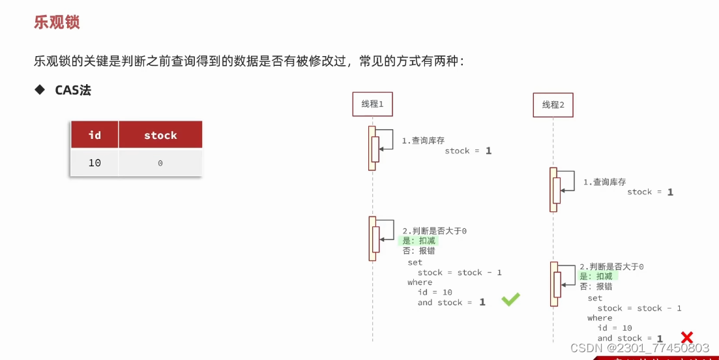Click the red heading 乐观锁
click(x=57, y=22)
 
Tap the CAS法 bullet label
click(x=72, y=90)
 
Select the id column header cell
click(x=95, y=135)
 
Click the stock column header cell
click(x=160, y=135)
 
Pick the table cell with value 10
click(x=95, y=163)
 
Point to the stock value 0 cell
click(x=160, y=163)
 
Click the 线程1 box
click(x=372, y=104)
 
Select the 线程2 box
click(x=553, y=104)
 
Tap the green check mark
click(x=510, y=299)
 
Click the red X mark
click(x=686, y=337)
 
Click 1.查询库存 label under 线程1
click(x=423, y=140)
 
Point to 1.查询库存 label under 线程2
click(x=604, y=182)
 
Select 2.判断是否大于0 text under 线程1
click(x=434, y=231)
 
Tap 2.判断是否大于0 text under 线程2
click(x=611, y=267)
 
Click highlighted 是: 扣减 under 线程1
click(x=419, y=241)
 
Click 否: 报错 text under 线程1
click(x=419, y=250)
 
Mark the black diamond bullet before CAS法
click(x=40, y=90)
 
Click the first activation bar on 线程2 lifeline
click(x=553, y=189)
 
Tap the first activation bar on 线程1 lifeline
click(x=372, y=148)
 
